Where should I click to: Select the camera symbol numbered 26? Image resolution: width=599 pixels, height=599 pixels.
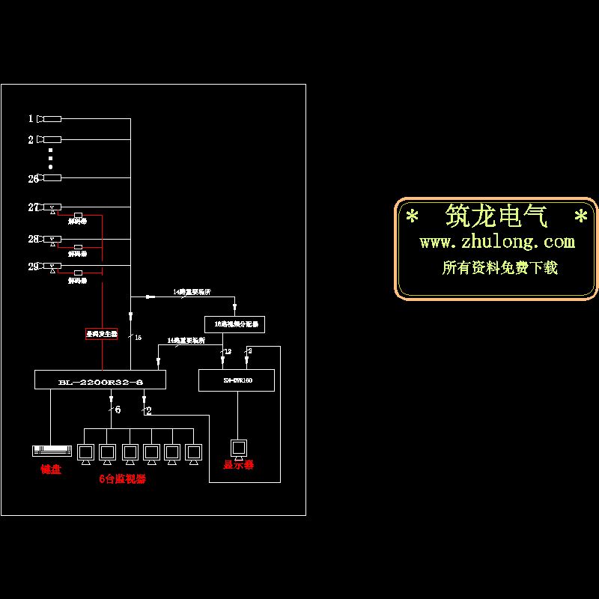(50, 177)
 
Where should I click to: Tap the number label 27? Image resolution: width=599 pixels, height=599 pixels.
(33, 207)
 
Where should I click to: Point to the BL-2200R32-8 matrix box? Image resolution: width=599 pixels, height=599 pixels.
(100, 380)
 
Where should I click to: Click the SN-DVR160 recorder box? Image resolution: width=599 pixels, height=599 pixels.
(237, 380)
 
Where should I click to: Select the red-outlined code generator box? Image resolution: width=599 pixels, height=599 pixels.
(101, 334)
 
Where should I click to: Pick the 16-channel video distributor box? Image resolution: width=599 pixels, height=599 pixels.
(234, 324)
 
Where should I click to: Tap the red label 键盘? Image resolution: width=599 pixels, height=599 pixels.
(51, 469)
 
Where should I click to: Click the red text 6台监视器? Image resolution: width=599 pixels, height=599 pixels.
(122, 479)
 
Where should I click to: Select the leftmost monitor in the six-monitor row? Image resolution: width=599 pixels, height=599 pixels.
(85, 452)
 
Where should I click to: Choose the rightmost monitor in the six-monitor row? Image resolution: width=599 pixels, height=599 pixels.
(194, 452)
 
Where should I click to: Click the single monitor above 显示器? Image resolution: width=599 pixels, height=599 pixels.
(239, 449)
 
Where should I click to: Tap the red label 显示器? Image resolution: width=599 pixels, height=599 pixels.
(239, 465)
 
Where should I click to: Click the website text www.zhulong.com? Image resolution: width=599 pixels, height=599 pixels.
(497, 242)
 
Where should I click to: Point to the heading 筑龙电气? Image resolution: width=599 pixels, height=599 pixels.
(497, 217)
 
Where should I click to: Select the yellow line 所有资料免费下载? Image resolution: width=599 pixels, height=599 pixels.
(500, 267)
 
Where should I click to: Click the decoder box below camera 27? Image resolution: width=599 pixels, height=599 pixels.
(78, 216)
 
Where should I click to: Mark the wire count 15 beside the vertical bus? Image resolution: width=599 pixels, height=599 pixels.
(138, 338)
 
